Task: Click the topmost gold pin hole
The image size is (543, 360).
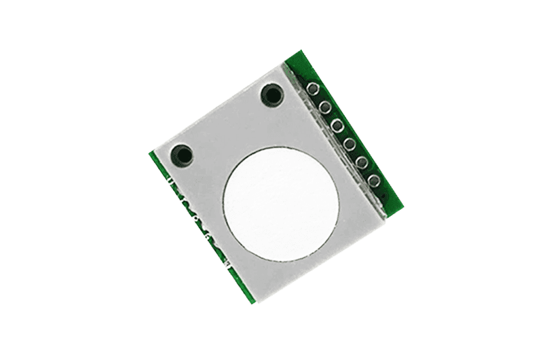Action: (x=313, y=89)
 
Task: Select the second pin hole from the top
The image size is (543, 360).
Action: (x=325, y=107)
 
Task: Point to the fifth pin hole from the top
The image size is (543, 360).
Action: (x=362, y=162)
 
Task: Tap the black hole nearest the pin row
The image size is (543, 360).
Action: (x=271, y=95)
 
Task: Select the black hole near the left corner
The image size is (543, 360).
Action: (x=182, y=155)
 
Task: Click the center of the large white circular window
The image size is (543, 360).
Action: (x=280, y=204)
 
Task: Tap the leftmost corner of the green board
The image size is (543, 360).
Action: (x=149, y=152)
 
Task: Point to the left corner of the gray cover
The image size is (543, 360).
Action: (x=153, y=149)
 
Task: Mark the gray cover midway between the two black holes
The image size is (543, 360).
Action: (x=227, y=125)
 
